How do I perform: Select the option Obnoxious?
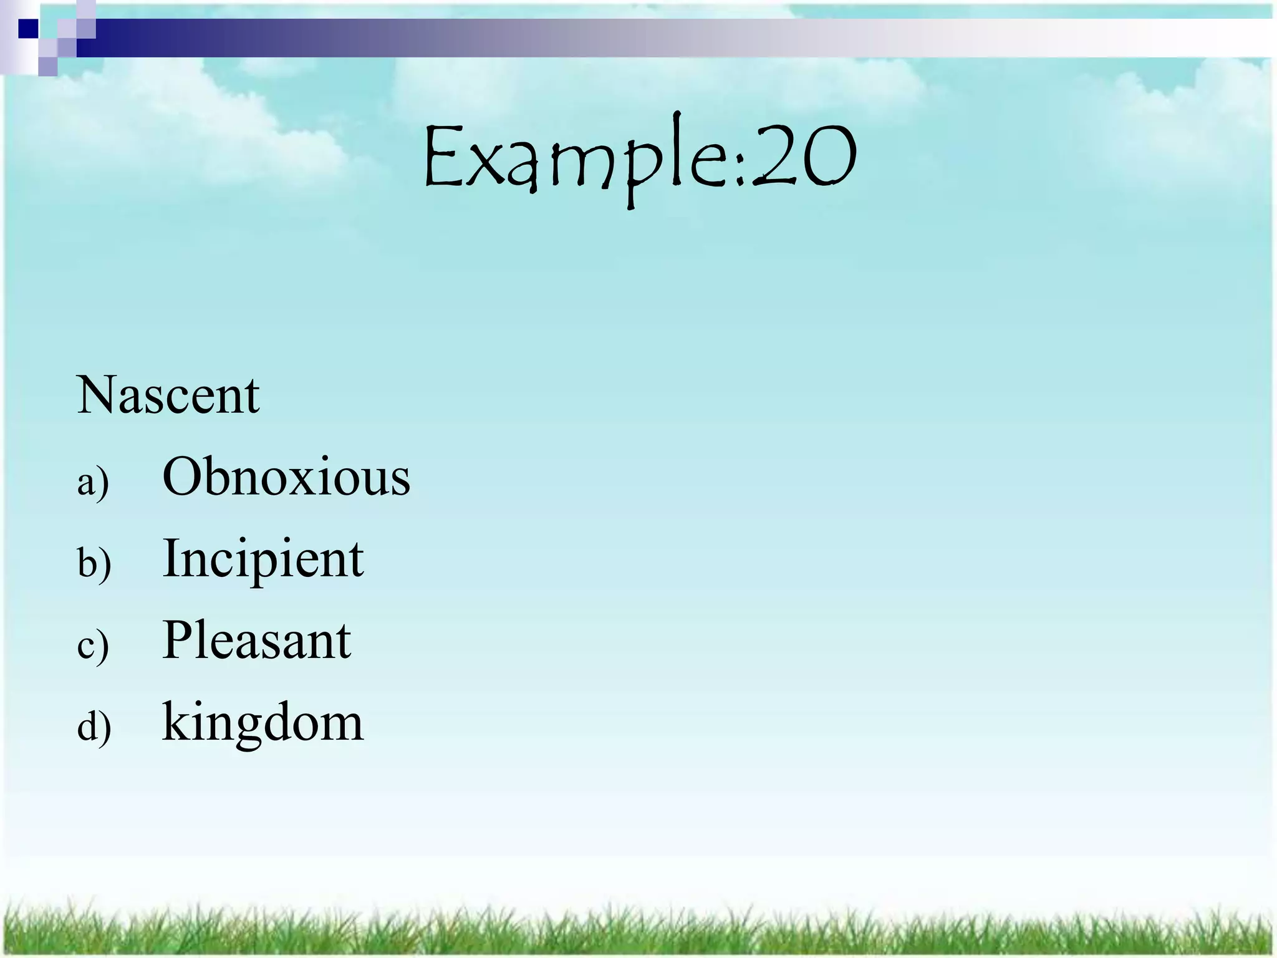pos(286,477)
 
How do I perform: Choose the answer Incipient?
pos(263,559)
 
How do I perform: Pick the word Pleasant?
pos(256,641)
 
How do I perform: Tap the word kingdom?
pos(263,723)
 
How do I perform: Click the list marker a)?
pos(93,482)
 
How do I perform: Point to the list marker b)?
pos(94,563)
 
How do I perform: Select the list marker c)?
pos(93,646)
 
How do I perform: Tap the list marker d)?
pos(94,727)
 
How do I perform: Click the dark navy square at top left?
pos(28,29)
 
